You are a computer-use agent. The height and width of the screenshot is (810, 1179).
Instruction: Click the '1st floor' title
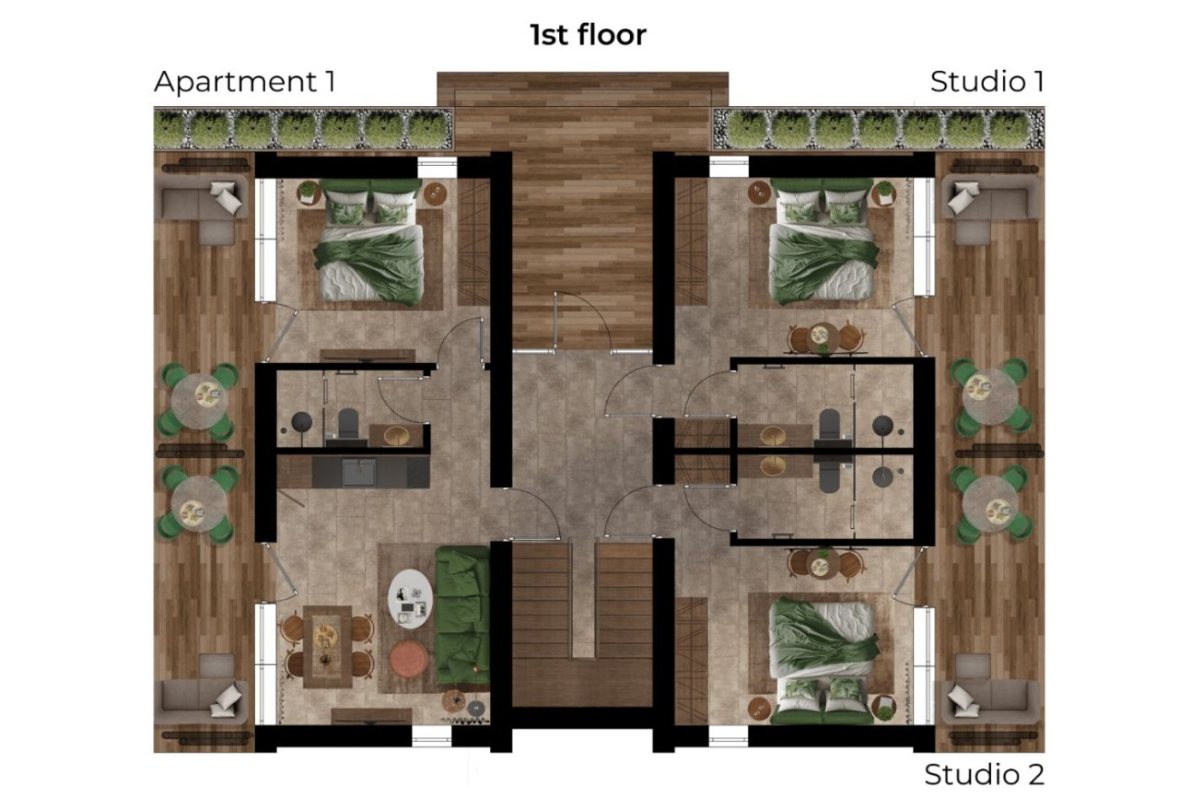(x=588, y=35)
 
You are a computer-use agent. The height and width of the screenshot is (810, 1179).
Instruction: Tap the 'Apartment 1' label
(x=244, y=81)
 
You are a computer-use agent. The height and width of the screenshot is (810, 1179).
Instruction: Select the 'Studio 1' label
(x=986, y=81)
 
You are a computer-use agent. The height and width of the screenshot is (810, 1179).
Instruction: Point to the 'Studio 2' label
(x=984, y=774)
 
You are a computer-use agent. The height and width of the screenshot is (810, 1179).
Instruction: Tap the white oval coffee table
(x=409, y=600)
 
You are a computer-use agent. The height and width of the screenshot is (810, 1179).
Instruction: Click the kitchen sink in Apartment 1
(x=357, y=472)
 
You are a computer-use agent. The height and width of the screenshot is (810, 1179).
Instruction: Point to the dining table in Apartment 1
(x=326, y=645)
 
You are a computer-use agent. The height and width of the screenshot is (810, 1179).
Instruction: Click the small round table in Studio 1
(x=822, y=338)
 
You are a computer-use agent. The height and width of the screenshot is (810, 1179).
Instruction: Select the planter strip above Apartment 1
(x=303, y=129)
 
